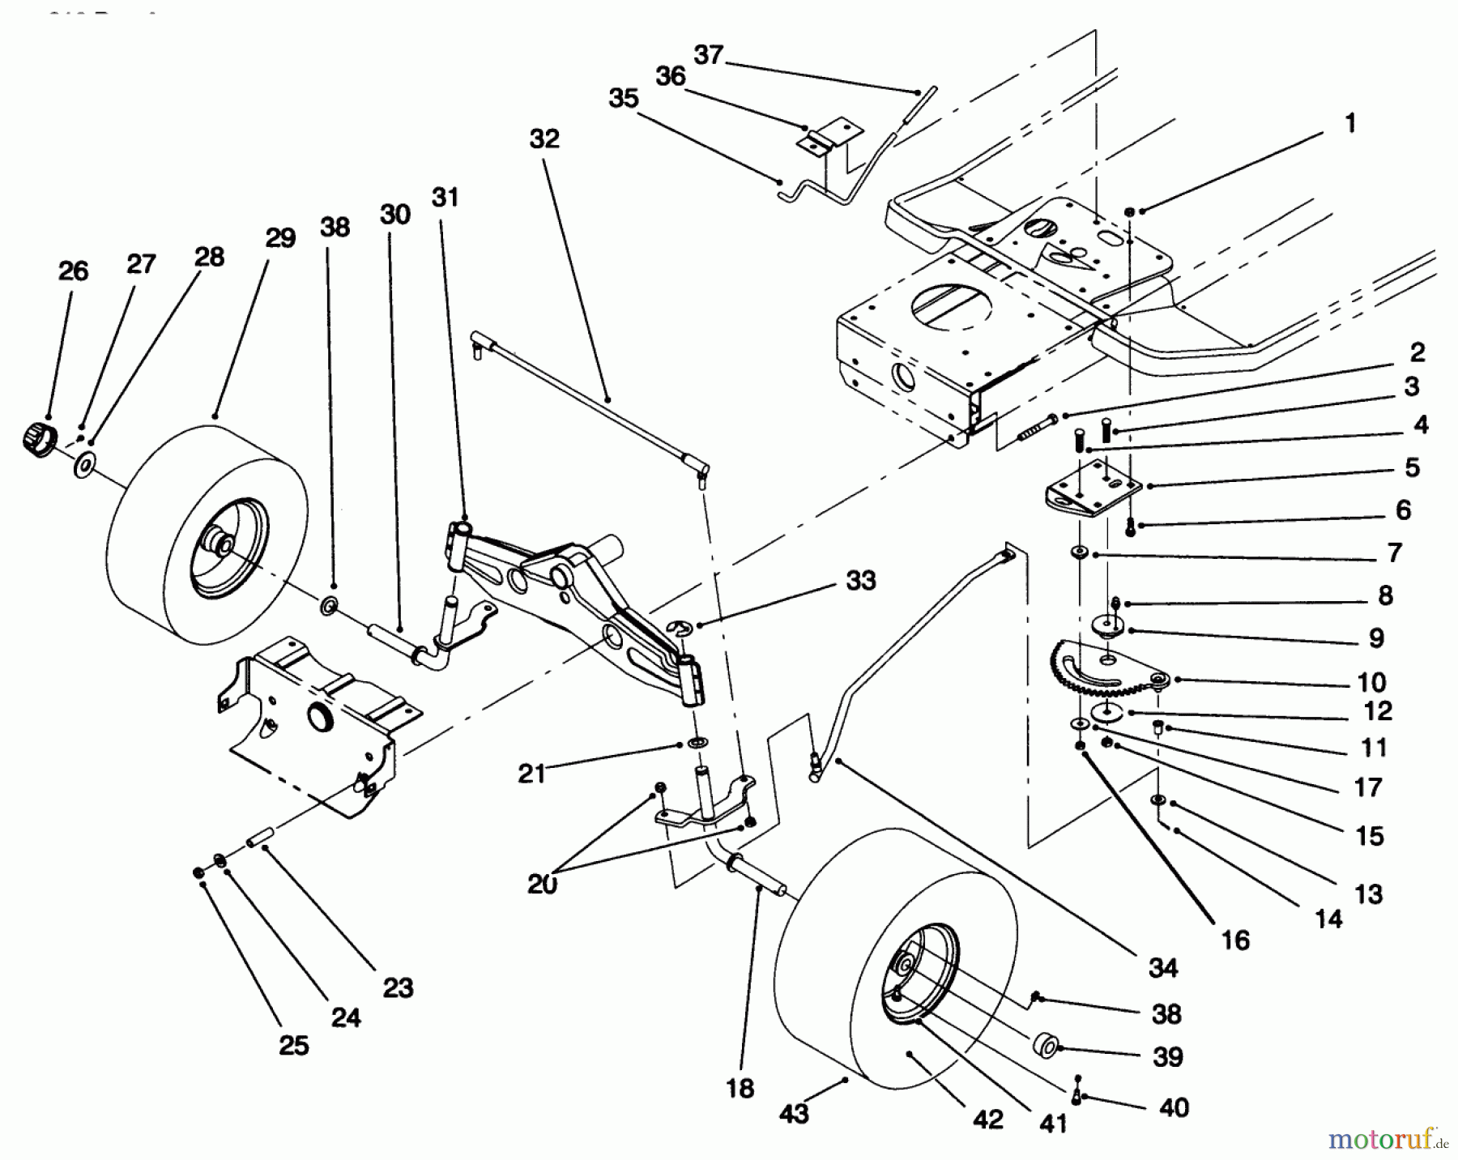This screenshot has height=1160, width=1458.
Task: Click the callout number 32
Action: click(x=544, y=139)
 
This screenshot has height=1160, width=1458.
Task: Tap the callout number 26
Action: click(x=73, y=271)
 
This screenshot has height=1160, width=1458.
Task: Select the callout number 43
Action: click(x=794, y=1114)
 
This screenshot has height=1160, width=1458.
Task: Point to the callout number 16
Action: click(x=1236, y=940)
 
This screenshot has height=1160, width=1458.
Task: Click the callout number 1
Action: click(x=1349, y=124)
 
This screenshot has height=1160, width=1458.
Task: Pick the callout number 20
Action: click(x=543, y=885)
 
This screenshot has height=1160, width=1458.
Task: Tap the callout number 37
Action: click(x=709, y=55)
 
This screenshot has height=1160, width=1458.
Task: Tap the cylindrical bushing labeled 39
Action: click(x=1044, y=1044)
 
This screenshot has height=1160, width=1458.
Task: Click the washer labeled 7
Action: click(x=1080, y=552)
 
